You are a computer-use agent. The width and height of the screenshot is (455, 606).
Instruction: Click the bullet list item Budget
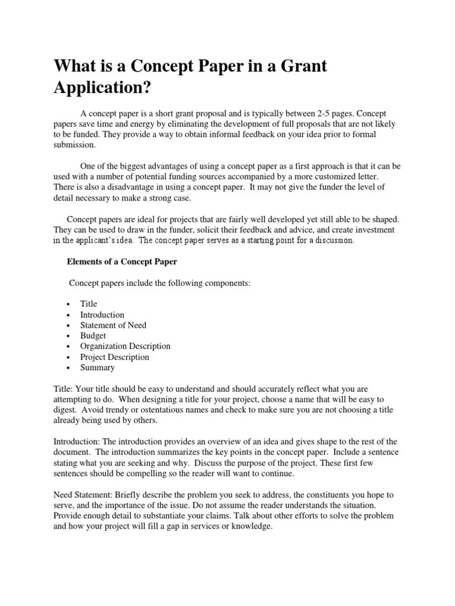coord(93,336)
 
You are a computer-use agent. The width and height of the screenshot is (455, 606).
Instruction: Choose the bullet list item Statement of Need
coord(113,325)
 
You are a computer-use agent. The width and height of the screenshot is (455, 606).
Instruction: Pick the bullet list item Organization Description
coord(125,346)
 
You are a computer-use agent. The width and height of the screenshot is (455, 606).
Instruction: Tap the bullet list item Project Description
coord(114,357)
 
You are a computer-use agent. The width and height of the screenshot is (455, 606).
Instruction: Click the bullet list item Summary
coord(97,368)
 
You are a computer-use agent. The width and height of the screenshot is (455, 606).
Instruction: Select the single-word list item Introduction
coord(102,314)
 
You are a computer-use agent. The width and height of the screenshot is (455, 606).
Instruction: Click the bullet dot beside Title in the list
coord(69,304)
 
